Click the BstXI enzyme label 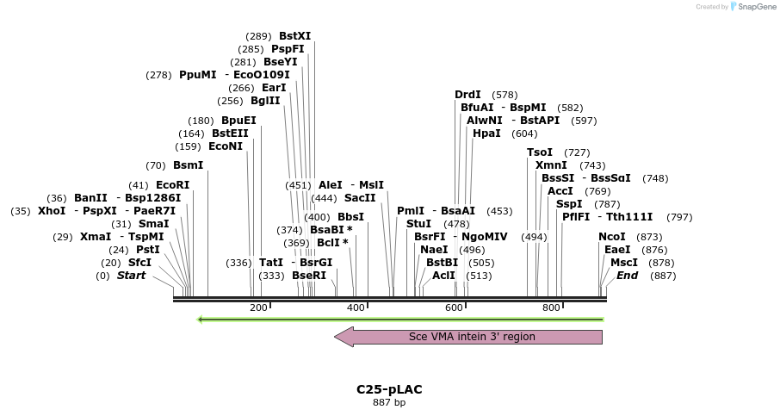[294, 36]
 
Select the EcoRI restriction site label [172, 185]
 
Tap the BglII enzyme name [265, 101]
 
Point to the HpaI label [486, 133]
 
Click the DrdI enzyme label [468, 95]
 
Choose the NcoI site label [612, 237]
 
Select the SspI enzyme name [569, 204]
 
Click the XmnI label [551, 165]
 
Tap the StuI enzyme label [418, 224]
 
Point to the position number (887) [663, 276]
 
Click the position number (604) [524, 133]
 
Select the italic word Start [131, 276]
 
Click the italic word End [627, 276]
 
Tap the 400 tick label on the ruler [356, 307]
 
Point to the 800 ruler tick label [551, 307]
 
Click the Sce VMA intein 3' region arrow [469, 337]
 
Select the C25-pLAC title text [389, 389]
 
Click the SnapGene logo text [753, 7]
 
